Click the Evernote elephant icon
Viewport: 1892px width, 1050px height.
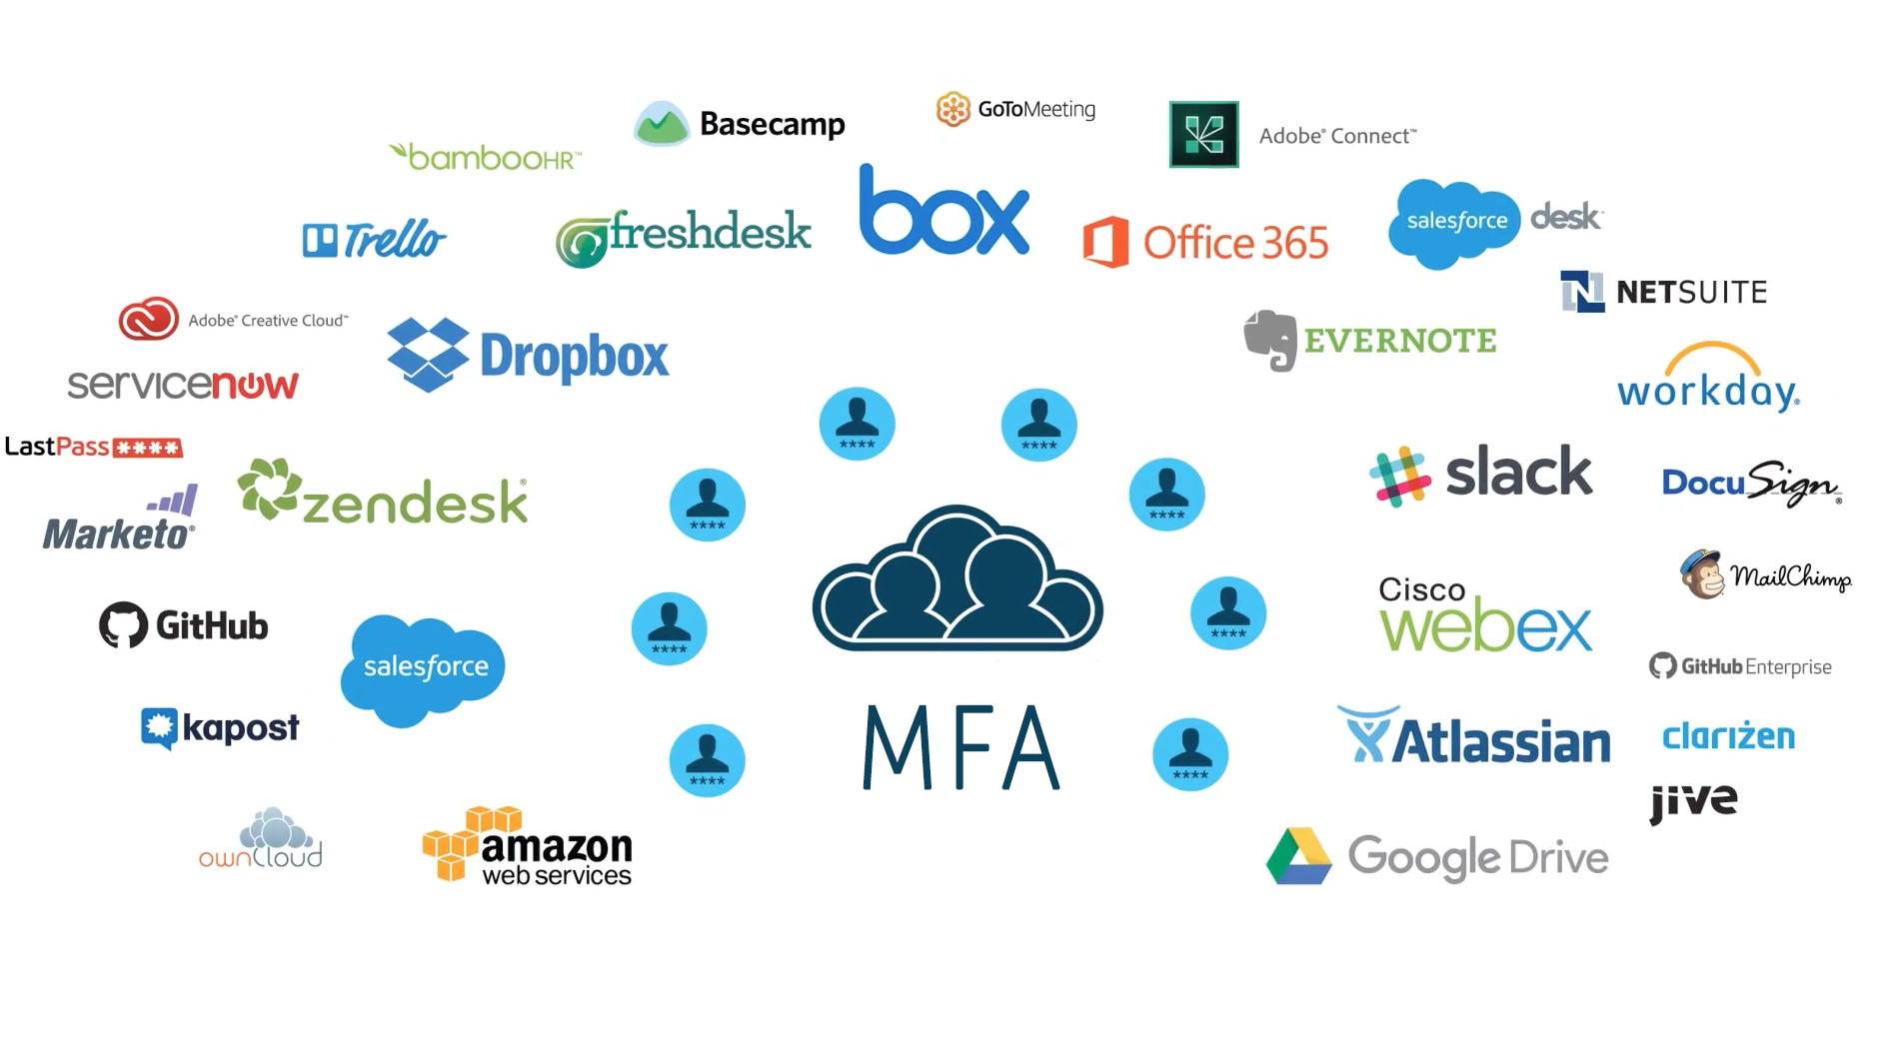[1269, 340]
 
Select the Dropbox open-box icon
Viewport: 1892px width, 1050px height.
[428, 355]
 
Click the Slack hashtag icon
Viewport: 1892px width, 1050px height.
[1399, 476]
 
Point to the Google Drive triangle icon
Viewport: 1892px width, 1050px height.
[1298, 856]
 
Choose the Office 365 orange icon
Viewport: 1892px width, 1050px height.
[1105, 242]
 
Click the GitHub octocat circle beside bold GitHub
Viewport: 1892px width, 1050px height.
[123, 625]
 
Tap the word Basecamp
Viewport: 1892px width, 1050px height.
[772, 124]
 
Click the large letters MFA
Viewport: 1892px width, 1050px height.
[959, 747]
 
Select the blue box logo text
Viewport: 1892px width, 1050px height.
[943, 212]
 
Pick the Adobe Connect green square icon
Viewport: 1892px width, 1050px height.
[1203, 134]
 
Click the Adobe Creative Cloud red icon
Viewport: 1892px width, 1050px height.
[148, 320]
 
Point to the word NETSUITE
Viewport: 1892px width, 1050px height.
[1691, 292]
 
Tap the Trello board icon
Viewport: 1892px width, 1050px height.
[320, 240]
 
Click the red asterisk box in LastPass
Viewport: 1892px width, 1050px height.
[148, 448]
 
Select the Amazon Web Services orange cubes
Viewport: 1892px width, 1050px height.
[460, 843]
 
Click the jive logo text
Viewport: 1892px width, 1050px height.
[1693, 801]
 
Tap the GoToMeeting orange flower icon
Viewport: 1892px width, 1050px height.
[952, 109]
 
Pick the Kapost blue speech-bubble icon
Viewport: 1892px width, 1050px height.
[159, 727]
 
